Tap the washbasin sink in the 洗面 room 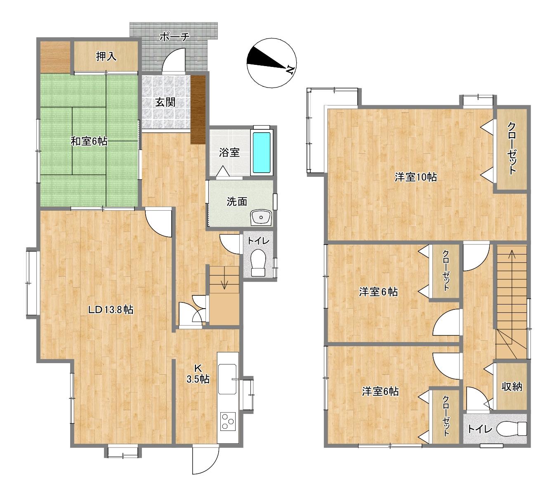click(261, 218)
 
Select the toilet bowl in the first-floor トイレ click(258, 262)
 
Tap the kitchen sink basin click(227, 379)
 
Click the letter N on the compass click(289, 69)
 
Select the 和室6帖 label click(89, 141)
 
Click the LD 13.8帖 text click(111, 310)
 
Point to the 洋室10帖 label click(415, 177)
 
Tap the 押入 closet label click(106, 56)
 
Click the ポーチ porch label click(175, 37)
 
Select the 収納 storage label click(512, 387)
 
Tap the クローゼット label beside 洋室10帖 click(511, 148)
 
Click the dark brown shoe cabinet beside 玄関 click(198, 109)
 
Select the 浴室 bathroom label click(229, 152)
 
